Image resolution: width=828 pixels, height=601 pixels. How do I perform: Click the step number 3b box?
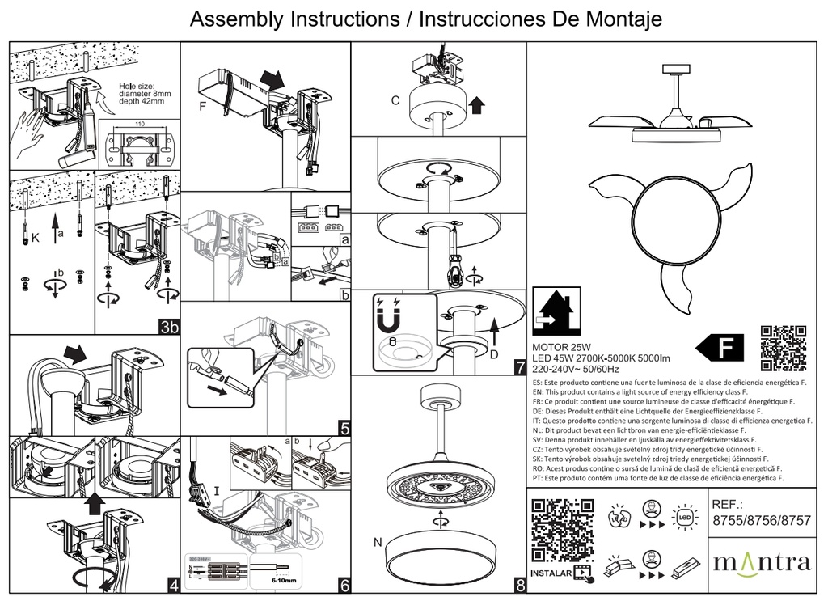point(169,327)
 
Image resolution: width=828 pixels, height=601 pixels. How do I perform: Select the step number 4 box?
point(172,586)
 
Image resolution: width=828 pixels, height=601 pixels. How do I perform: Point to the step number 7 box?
point(519,366)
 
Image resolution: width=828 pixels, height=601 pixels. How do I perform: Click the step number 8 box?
point(519,586)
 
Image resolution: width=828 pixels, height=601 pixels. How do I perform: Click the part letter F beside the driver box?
point(202,106)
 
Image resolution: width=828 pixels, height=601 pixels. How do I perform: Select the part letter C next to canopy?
point(395,101)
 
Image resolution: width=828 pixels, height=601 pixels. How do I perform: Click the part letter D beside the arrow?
point(493,353)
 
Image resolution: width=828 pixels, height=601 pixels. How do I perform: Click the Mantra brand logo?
point(761,562)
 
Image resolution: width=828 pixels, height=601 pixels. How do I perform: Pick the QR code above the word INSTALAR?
point(556,531)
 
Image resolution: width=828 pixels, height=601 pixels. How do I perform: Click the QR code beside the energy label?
point(784,346)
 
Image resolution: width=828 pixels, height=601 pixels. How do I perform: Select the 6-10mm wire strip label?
point(282,581)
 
